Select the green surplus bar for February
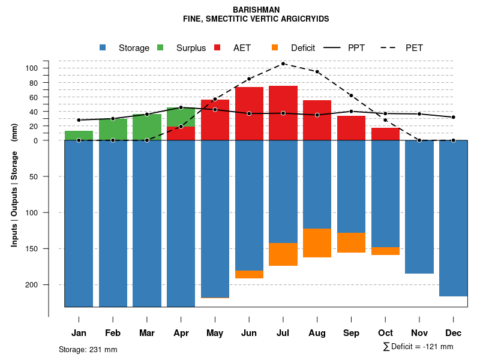pyautogui.click(x=113, y=130)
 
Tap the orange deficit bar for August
pyautogui.click(x=317, y=243)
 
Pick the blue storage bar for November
pyautogui.click(x=419, y=207)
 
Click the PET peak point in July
pyautogui.click(x=283, y=64)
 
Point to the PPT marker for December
pyautogui.click(x=454, y=117)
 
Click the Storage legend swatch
pyautogui.click(x=103, y=47)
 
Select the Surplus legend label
pyautogui.click(x=191, y=48)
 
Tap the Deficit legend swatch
pyautogui.click(x=275, y=47)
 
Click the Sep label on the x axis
pyautogui.click(x=351, y=333)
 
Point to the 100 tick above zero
pyautogui.click(x=31, y=68)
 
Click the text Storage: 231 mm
pyautogui.click(x=88, y=349)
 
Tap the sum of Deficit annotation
pyautogui.click(x=418, y=347)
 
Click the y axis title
pyautogui.click(x=14, y=185)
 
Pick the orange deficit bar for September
pyautogui.click(x=351, y=242)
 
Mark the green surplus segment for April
pyautogui.click(x=181, y=117)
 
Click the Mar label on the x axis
pyautogui.click(x=147, y=333)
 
